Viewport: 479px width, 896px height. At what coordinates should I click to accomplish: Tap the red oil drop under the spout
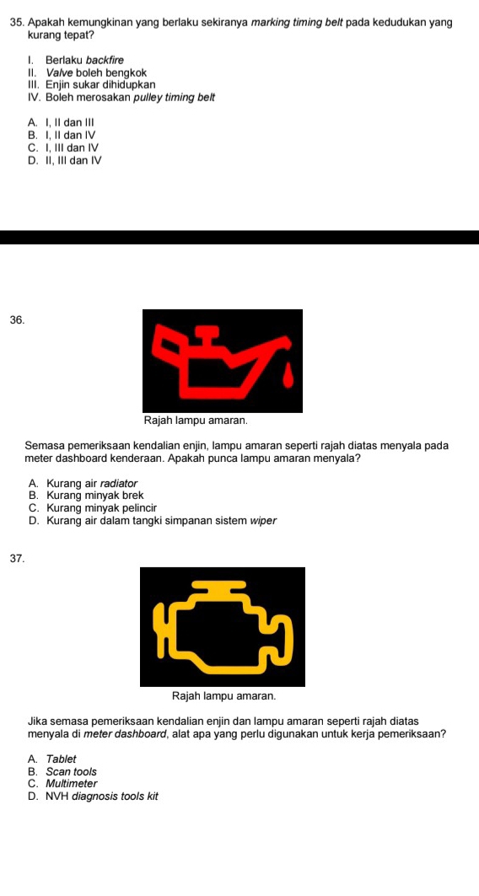pyautogui.click(x=291, y=377)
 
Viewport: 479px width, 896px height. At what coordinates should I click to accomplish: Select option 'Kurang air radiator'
pyautogui.click(x=83, y=484)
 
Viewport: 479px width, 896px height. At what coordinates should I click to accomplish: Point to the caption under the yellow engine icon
pyautogui.click(x=223, y=696)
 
